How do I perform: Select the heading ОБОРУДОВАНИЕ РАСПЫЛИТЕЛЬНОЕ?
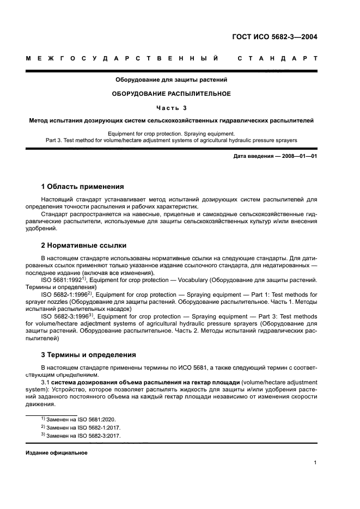171,94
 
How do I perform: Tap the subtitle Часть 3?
171,107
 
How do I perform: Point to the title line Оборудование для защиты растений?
171,80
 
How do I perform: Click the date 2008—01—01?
298,157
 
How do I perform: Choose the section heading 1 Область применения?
83,186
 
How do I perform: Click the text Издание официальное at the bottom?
57,453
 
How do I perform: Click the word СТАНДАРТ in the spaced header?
277,58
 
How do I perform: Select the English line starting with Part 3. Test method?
171,140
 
